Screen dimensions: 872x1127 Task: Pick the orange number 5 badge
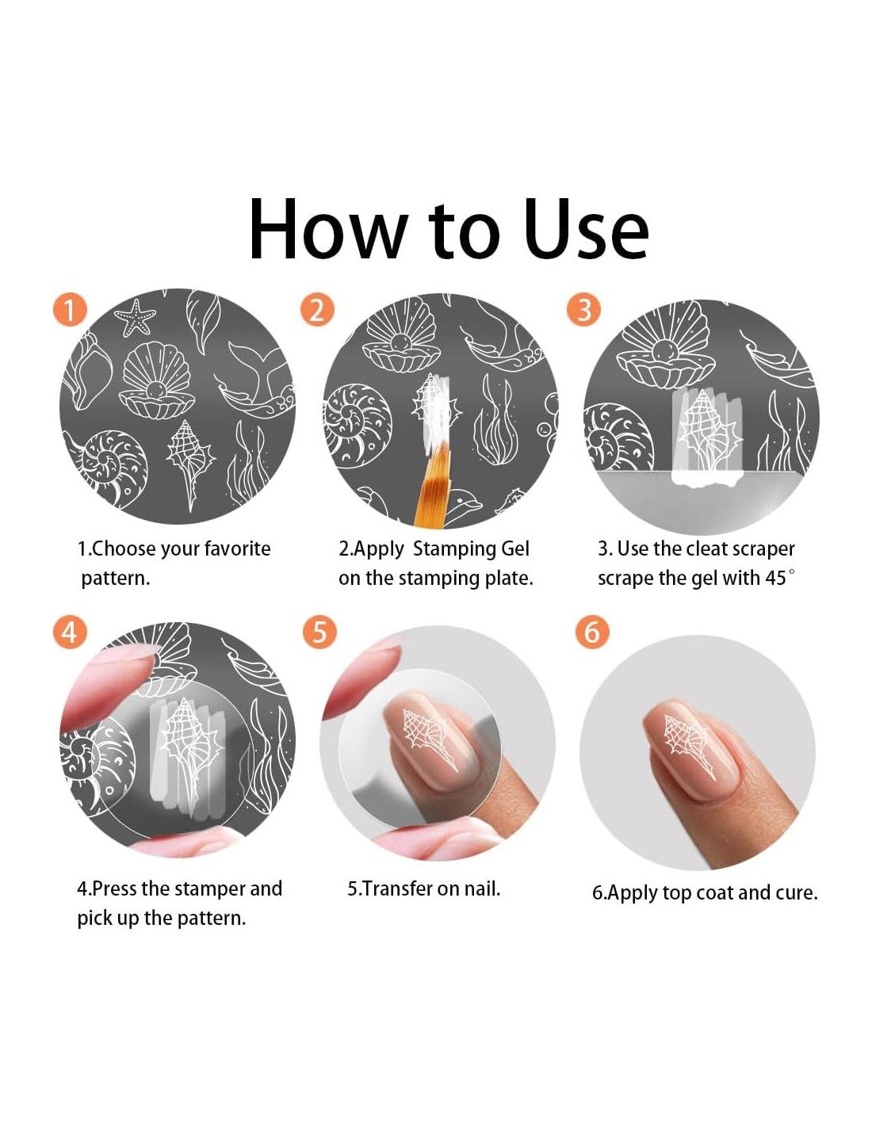pos(319,632)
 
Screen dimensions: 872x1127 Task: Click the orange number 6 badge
pos(592,632)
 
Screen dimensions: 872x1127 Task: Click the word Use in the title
pos(586,229)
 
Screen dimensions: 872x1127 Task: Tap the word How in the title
pos(327,229)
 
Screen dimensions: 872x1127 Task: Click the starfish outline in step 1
pos(134,317)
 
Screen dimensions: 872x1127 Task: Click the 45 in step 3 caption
pos(775,577)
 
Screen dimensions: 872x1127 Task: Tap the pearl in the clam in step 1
pos(154,390)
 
